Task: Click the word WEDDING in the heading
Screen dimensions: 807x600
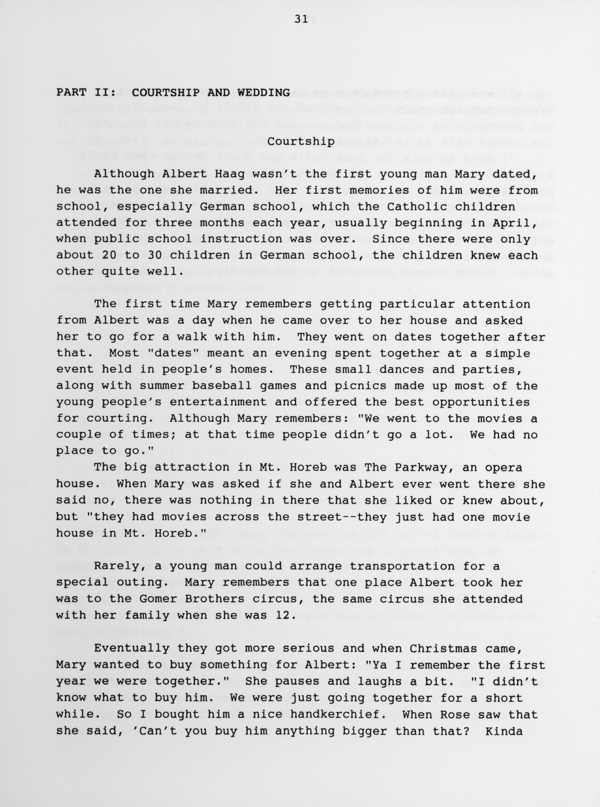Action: point(263,93)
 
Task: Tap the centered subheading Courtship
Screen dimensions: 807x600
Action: point(301,142)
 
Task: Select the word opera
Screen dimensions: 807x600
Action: point(503,468)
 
